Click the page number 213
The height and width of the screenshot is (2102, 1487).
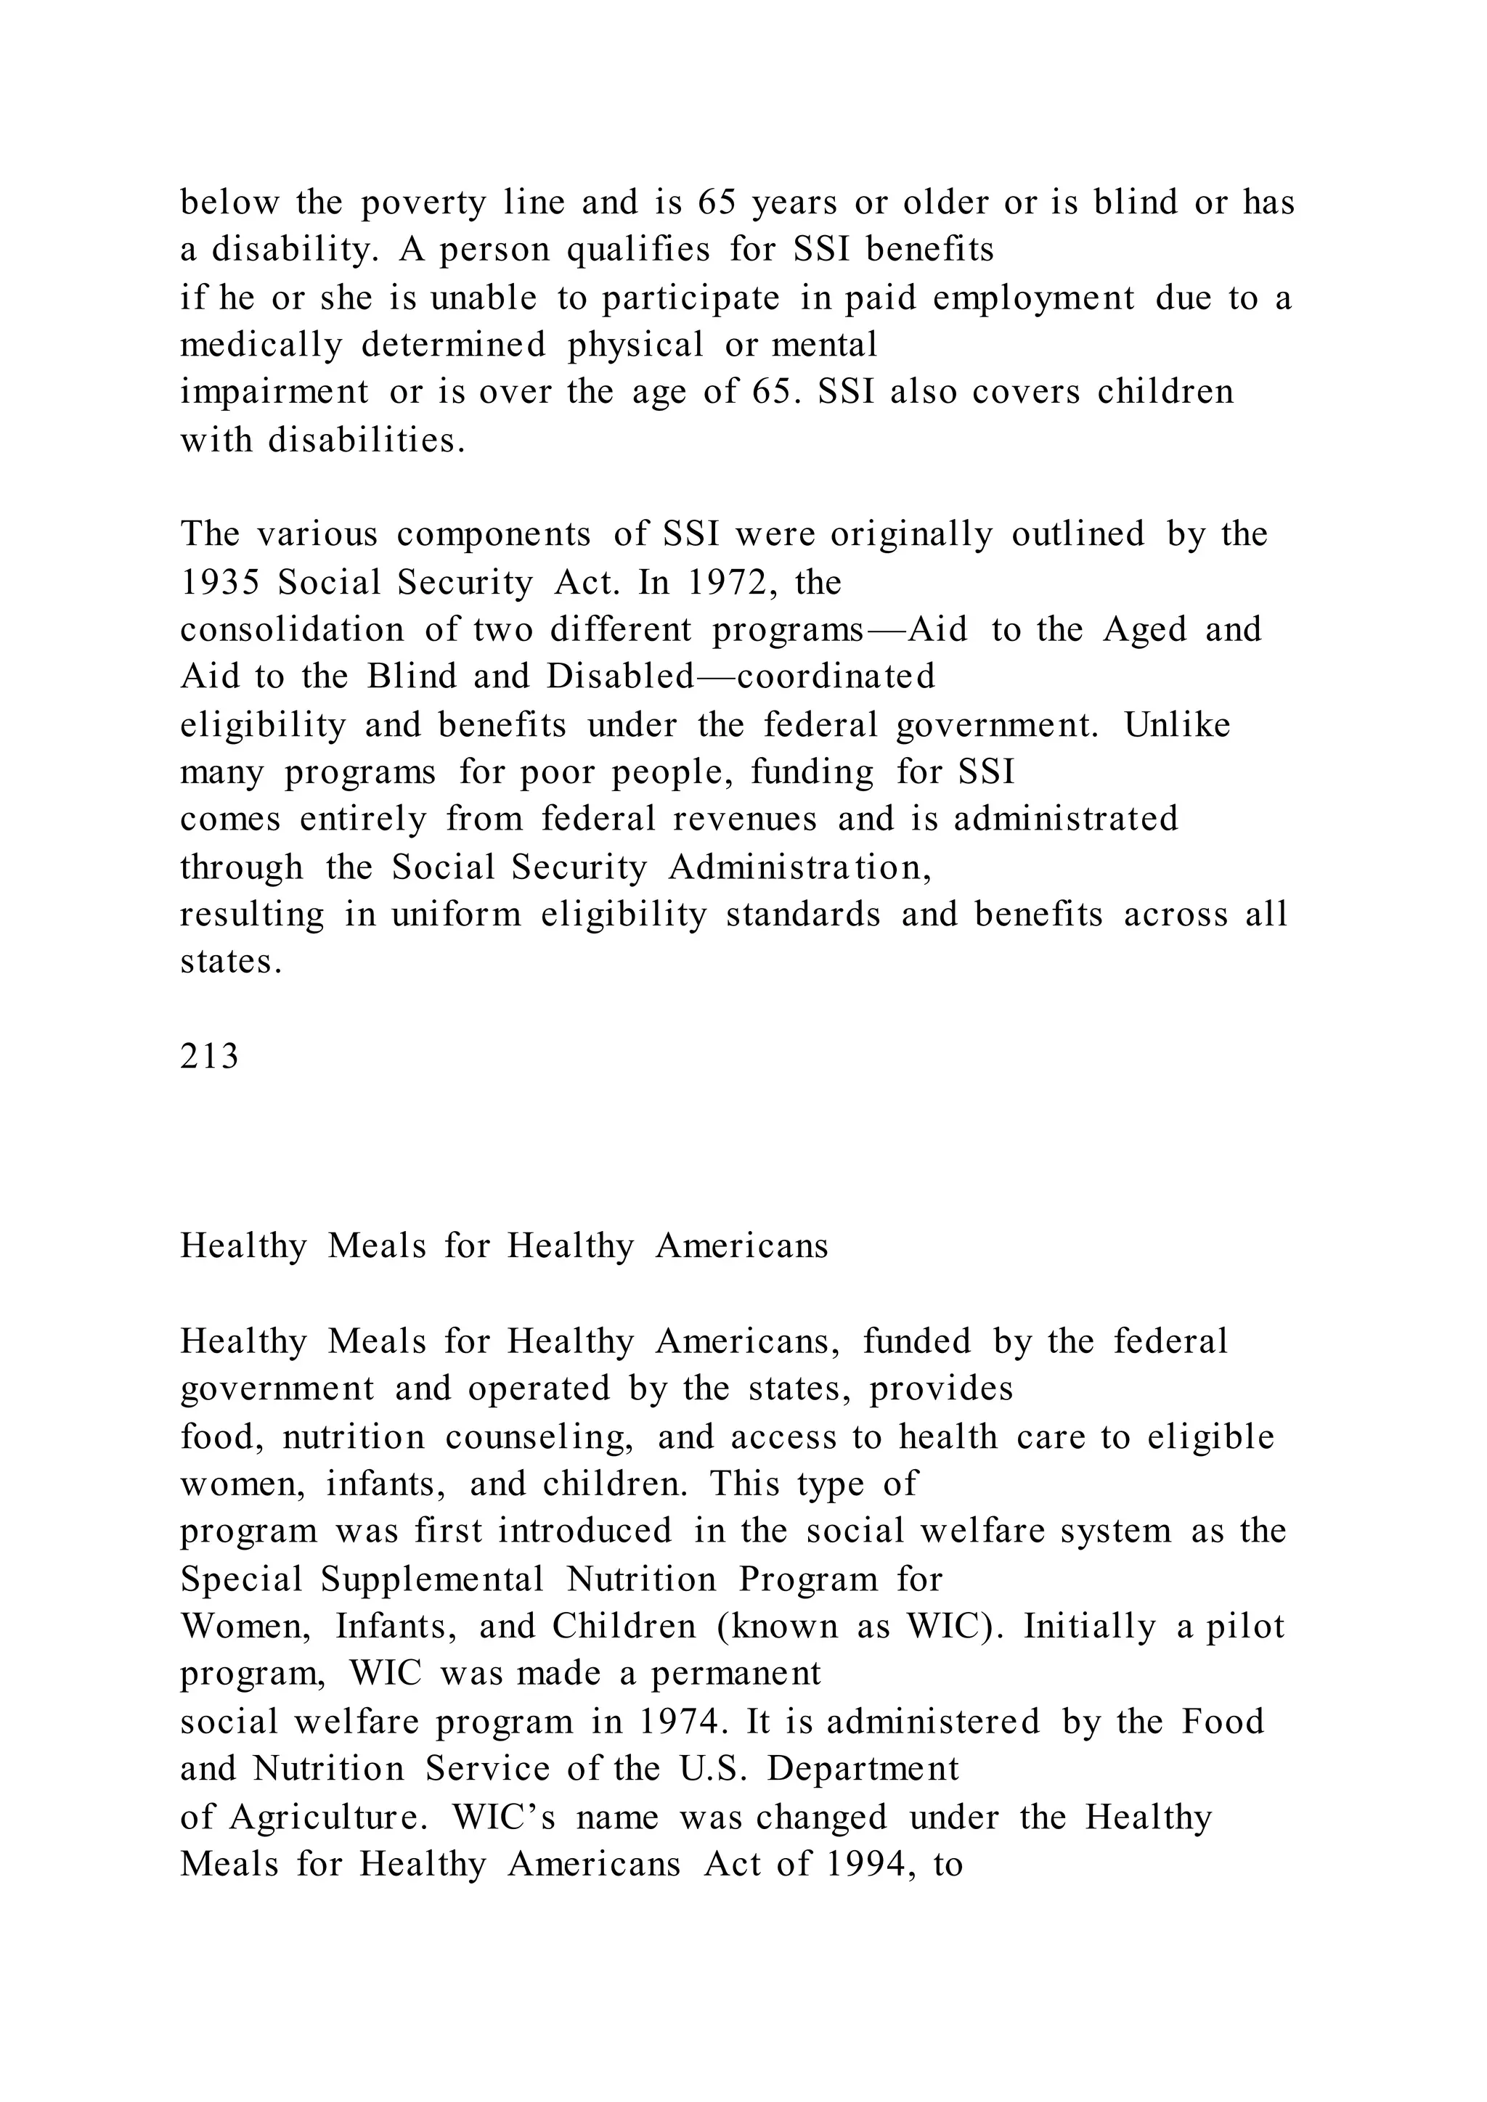point(209,1058)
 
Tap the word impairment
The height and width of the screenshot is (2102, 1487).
point(274,393)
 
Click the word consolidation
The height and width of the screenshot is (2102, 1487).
point(291,630)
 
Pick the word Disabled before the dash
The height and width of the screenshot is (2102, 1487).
point(621,676)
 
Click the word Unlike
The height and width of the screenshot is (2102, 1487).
point(1176,725)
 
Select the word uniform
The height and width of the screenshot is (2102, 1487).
point(456,915)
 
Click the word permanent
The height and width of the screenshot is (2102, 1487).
point(736,1674)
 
